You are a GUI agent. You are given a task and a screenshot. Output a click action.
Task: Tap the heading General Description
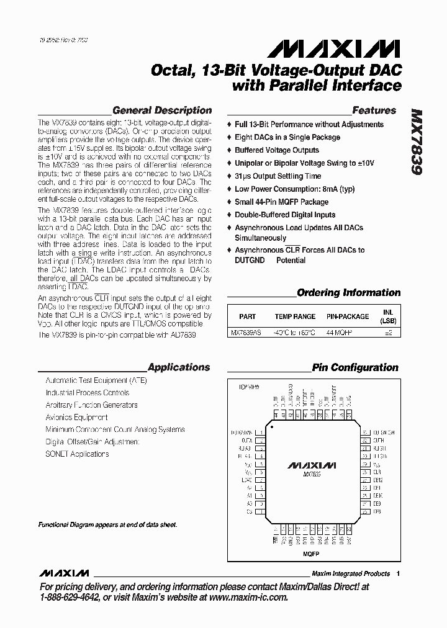click(162, 110)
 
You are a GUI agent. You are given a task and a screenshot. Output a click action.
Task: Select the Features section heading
click(374, 110)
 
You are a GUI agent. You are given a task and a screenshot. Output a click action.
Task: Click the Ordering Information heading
click(348, 292)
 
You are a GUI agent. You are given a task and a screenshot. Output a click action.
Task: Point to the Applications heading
click(179, 367)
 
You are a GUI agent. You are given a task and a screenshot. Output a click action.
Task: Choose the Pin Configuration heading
click(356, 367)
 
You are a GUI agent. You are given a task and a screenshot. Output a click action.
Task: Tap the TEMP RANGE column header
click(295, 316)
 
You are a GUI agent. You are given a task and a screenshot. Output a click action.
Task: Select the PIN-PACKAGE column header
click(348, 316)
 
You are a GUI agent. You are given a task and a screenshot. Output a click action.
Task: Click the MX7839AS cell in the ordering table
click(246, 333)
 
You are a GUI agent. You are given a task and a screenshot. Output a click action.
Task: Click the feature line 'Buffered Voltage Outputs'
click(276, 150)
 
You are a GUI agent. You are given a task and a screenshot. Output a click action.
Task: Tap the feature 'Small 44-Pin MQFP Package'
click(281, 202)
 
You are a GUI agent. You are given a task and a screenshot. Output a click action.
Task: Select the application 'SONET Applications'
click(77, 454)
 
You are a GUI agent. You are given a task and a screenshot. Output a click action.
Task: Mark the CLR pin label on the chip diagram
click(377, 471)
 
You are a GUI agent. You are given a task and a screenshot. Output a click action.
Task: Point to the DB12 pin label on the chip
click(378, 480)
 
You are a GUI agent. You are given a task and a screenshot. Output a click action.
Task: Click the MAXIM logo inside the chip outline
click(312, 464)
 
